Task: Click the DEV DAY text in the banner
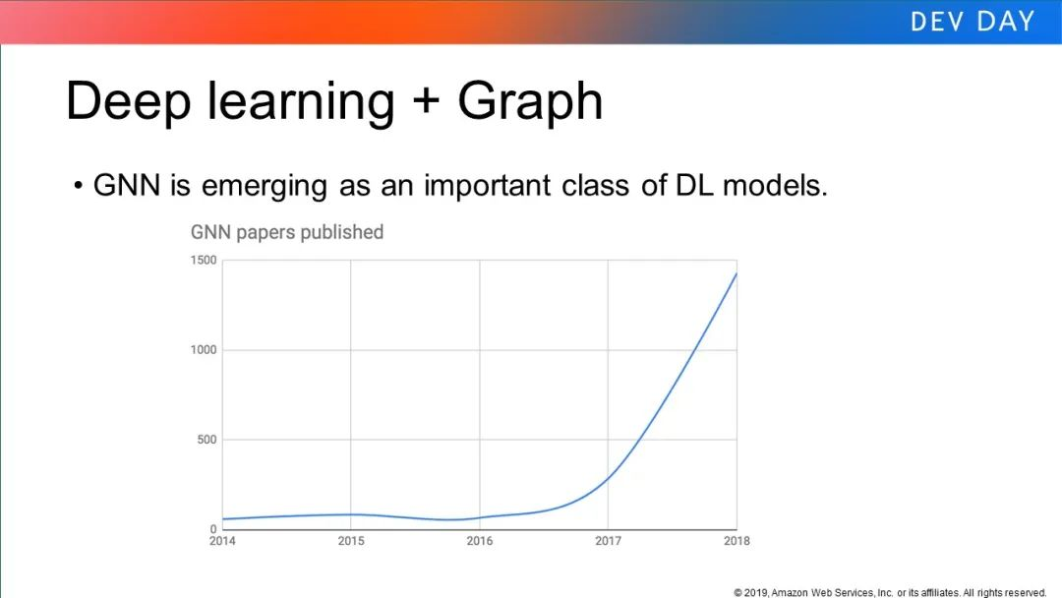point(973,21)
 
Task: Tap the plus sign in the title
point(426,101)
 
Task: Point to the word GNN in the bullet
point(127,185)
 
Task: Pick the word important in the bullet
point(487,186)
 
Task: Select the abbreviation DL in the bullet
point(694,185)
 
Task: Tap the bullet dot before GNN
point(79,185)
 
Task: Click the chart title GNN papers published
point(287,232)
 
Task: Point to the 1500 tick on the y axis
point(204,260)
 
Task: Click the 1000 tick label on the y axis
point(204,350)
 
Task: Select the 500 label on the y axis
point(207,440)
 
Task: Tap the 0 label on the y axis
point(213,529)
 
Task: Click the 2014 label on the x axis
point(222,541)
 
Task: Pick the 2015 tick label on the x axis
point(351,541)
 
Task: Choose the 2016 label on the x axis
point(480,541)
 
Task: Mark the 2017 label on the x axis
point(609,541)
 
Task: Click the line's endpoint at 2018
point(737,273)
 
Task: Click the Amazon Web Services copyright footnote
point(890,592)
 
